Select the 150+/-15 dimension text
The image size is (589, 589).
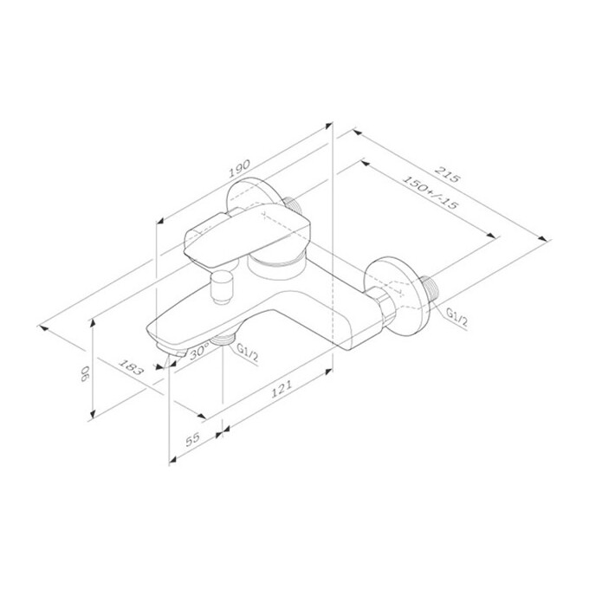tap(430, 193)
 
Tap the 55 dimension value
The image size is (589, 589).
tap(192, 438)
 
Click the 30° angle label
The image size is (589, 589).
tap(199, 352)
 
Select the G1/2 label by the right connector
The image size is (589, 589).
tap(458, 319)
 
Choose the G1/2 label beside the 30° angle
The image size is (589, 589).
tap(246, 353)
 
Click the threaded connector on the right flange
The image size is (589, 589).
tap(434, 293)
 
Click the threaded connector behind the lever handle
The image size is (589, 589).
tap(294, 206)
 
